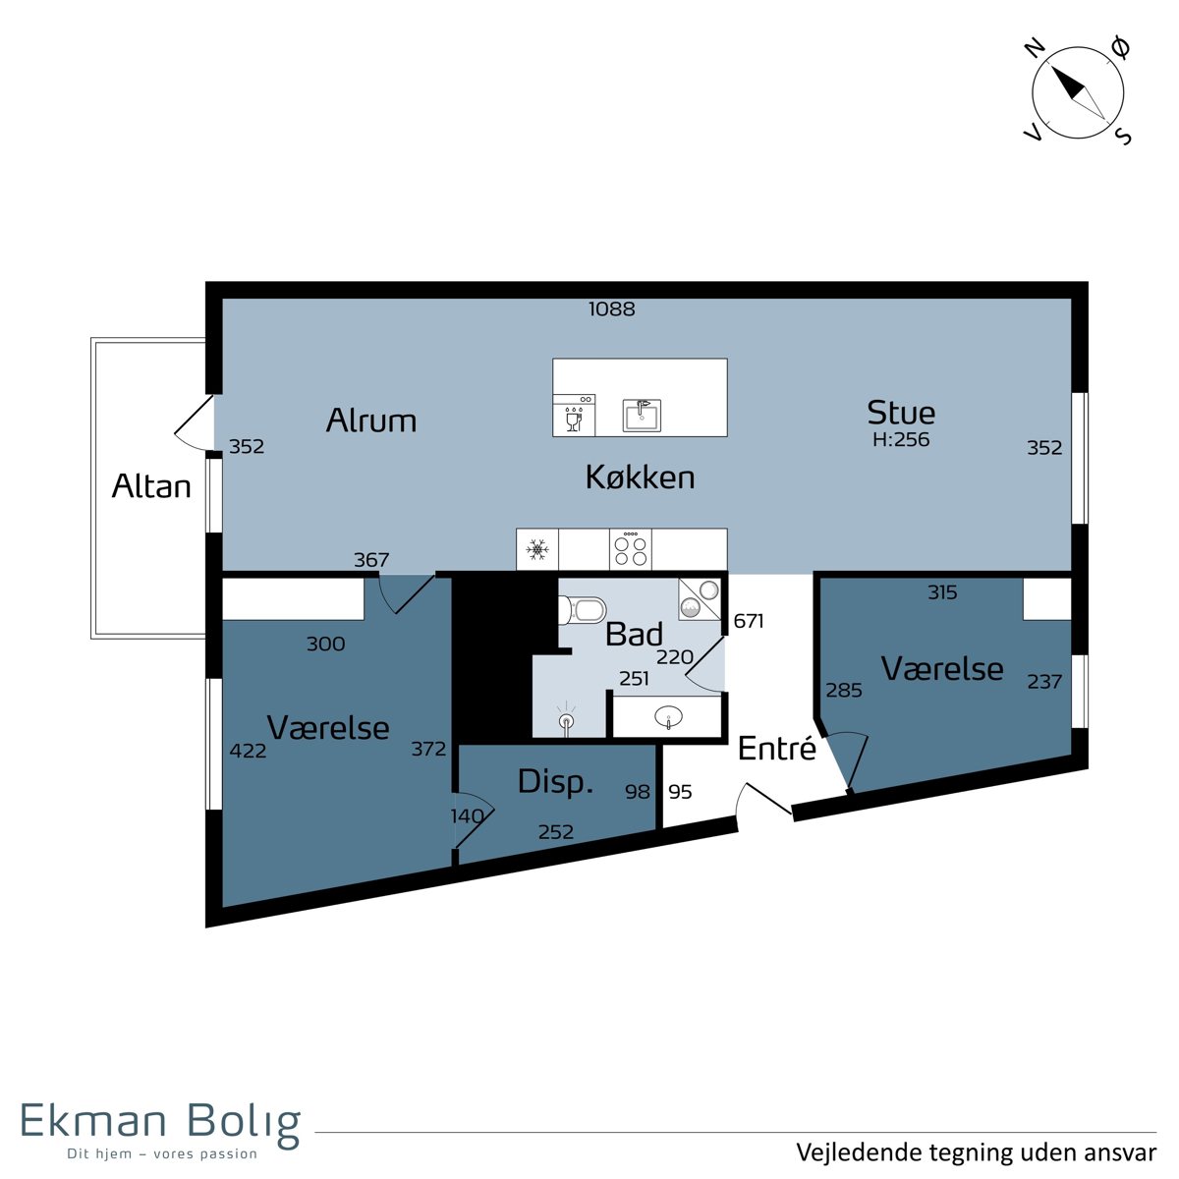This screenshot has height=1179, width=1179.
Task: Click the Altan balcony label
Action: [151, 486]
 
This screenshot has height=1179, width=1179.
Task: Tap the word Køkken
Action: [640, 477]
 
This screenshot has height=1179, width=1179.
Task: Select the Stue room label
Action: [901, 413]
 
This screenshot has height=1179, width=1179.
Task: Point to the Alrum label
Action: [370, 420]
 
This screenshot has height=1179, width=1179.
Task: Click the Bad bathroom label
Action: [634, 634]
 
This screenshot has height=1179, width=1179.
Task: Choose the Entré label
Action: [777, 749]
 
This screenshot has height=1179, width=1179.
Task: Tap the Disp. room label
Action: [555, 782]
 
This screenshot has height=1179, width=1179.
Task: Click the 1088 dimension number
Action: [612, 309]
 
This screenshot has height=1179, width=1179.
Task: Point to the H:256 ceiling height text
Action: [901, 439]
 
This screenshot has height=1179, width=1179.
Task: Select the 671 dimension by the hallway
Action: [749, 621]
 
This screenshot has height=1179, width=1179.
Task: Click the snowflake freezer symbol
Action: [537, 549]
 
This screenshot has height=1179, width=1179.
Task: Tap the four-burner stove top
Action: [631, 549]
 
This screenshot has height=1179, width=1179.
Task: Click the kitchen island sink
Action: [642, 416]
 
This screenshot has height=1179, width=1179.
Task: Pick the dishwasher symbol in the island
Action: [574, 416]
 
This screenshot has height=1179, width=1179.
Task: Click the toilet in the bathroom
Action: [583, 610]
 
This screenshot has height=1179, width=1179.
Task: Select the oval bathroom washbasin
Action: [669, 716]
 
